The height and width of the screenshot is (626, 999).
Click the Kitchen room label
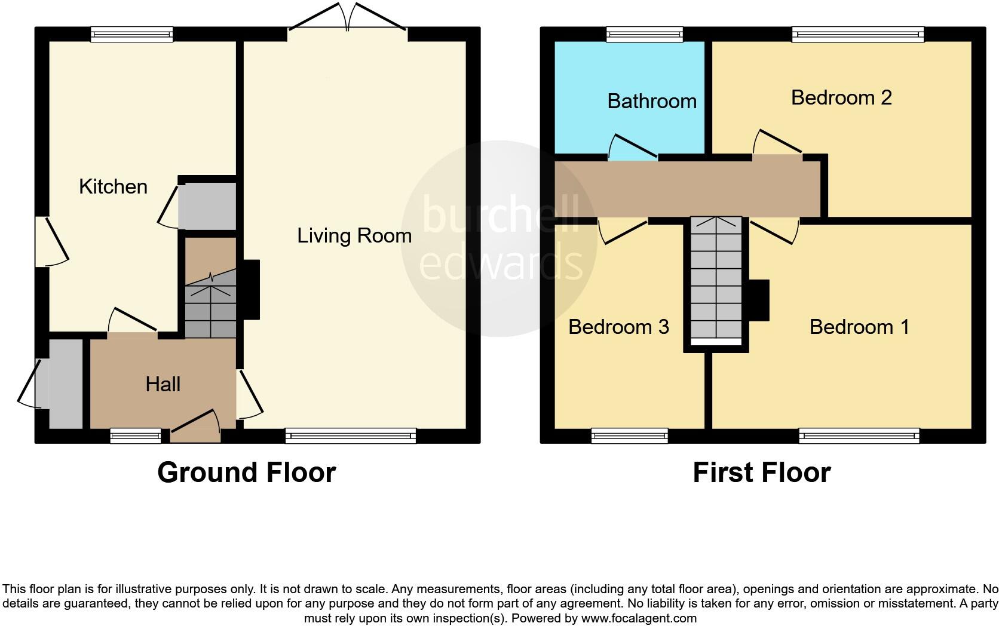[113, 187]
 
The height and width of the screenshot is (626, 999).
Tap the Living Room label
[354, 236]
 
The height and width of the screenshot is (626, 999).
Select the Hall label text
[163, 385]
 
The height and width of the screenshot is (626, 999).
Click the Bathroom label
[652, 102]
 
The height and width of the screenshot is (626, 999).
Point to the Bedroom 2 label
[841, 98]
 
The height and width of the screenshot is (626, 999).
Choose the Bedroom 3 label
[618, 327]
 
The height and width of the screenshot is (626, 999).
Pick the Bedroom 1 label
[859, 327]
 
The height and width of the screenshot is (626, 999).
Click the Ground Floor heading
[246, 472]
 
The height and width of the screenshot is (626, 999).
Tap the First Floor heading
[761, 472]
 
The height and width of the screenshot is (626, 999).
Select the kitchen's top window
[132, 35]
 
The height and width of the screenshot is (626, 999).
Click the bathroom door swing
[632, 147]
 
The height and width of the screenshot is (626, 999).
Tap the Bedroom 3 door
[623, 231]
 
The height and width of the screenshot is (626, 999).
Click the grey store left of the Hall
[65, 383]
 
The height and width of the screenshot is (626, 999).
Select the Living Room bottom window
[351, 436]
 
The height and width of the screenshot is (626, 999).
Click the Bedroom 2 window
[858, 35]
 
